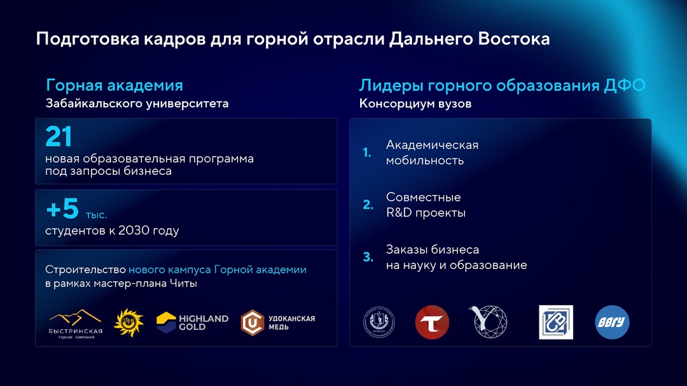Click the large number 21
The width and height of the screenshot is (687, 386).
click(59, 137)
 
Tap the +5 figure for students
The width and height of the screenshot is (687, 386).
click(62, 209)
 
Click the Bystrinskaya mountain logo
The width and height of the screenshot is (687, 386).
click(75, 323)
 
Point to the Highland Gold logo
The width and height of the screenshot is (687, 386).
click(192, 322)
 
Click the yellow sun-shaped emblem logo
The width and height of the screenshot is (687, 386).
click(128, 322)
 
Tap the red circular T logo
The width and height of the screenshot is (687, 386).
click(432, 322)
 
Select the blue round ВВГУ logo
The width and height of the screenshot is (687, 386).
click(612, 322)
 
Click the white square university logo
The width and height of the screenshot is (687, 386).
click(555, 322)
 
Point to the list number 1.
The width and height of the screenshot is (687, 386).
click(366, 153)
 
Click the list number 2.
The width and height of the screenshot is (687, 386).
click(368, 205)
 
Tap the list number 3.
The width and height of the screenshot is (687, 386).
click(368, 257)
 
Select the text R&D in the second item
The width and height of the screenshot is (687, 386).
click(398, 213)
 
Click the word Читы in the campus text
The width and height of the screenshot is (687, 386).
click(184, 284)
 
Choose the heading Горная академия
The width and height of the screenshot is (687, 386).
click(114, 85)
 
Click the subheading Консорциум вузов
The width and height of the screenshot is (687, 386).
click(415, 104)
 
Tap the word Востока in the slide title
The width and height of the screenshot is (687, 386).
click(514, 39)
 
